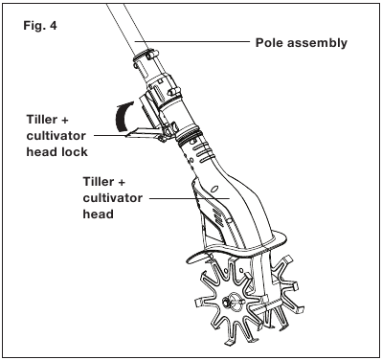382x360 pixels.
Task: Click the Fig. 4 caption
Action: (x=40, y=26)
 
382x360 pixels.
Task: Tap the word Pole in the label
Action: (x=269, y=42)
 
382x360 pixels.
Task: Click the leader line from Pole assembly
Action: (x=192, y=41)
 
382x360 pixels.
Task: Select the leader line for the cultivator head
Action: (x=190, y=198)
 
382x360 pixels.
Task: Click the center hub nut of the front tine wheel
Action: (x=226, y=301)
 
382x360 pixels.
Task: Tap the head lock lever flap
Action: (x=142, y=133)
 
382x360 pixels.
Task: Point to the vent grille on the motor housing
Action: (x=217, y=214)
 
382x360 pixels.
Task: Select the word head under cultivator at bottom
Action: (x=99, y=214)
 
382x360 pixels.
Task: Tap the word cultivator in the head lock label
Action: (x=56, y=136)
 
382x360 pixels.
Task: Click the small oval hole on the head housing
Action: (x=214, y=189)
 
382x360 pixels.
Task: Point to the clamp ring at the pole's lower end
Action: (x=146, y=55)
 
